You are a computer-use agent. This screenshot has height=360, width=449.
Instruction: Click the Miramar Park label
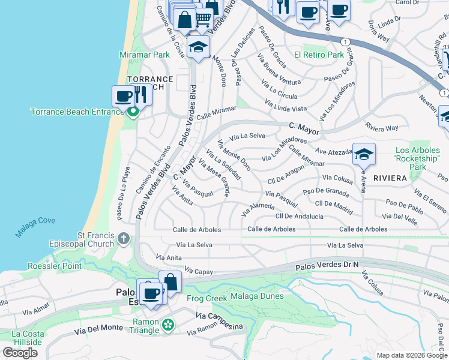(145, 55)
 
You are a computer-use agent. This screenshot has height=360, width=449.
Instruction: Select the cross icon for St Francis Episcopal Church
(124, 239)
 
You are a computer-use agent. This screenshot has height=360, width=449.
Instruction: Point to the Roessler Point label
(54, 266)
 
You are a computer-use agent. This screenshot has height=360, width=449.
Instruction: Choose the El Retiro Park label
(319, 55)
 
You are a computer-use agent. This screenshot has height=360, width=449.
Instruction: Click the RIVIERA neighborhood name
(390, 178)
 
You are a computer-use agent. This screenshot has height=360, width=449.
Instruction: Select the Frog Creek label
(207, 298)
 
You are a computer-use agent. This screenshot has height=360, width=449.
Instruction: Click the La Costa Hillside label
(26, 338)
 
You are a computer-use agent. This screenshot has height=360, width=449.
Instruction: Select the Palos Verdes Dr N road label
(327, 265)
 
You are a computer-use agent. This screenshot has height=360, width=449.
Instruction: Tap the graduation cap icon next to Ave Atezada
(364, 155)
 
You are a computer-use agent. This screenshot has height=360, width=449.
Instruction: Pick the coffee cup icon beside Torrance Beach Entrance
(124, 96)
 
